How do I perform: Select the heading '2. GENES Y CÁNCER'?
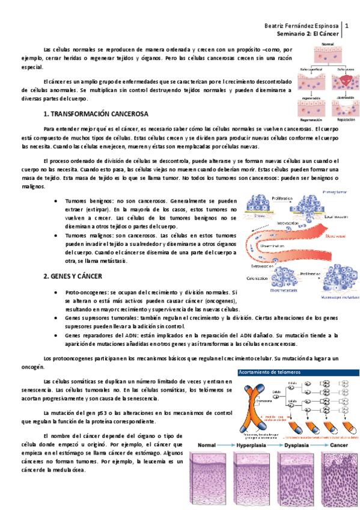tap(73, 276)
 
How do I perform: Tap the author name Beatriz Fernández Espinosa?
tap(302, 26)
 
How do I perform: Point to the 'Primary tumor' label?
tap(339, 193)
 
